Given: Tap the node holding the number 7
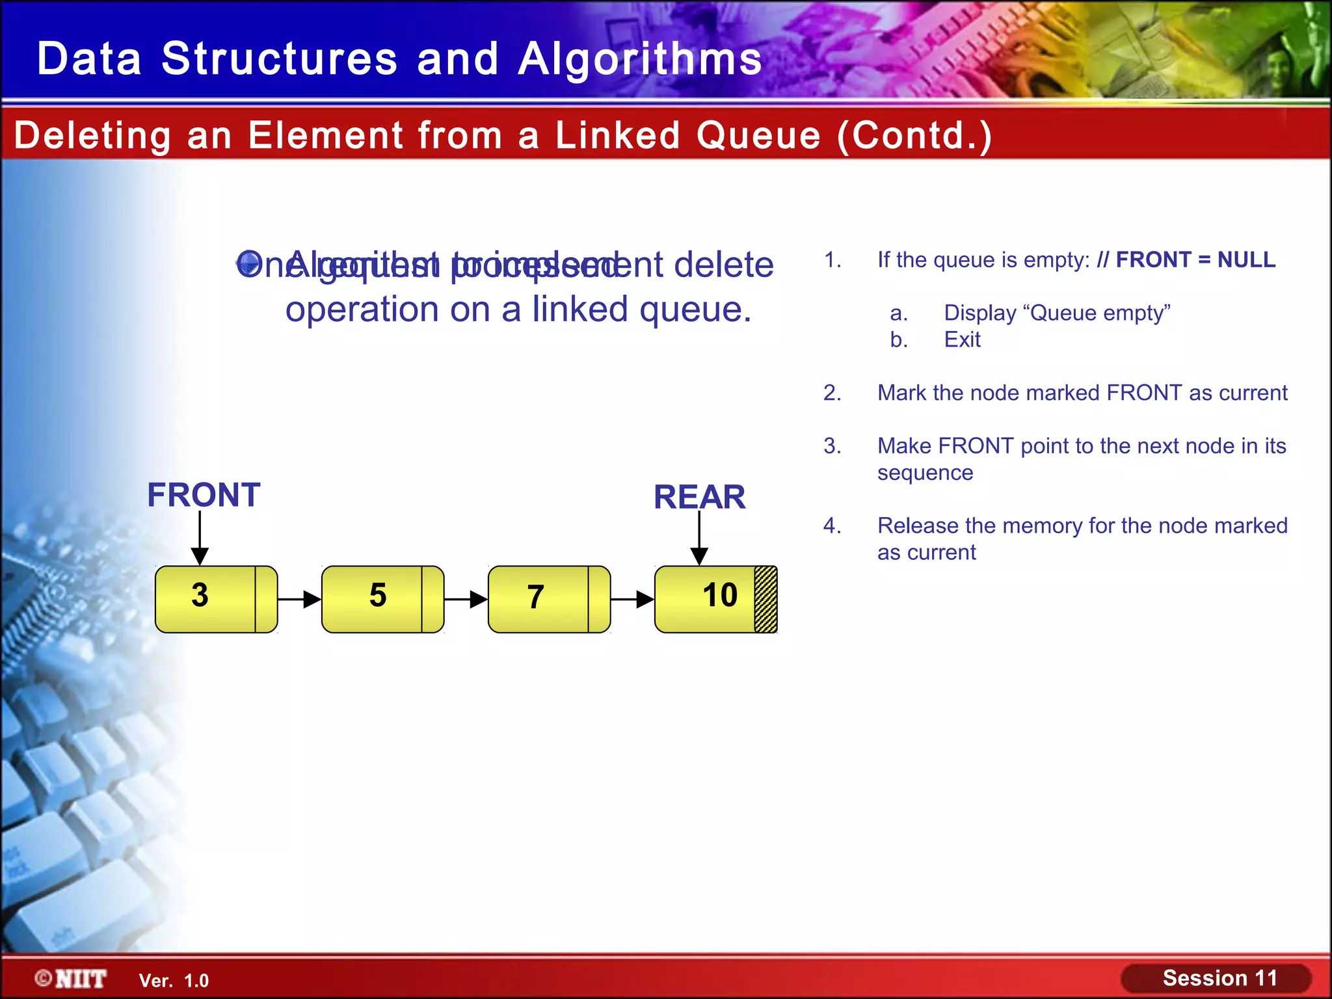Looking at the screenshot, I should pyautogui.click(x=540, y=598).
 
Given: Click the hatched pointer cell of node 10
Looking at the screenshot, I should pyautogui.click(x=766, y=599).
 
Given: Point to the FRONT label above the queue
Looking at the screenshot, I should pyautogui.click(x=204, y=495).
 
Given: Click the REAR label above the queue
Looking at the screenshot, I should pyautogui.click(x=699, y=498).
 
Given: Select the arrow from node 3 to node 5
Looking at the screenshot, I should pyautogui.click(x=299, y=599).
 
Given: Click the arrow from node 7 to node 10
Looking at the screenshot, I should pyautogui.click(x=632, y=599).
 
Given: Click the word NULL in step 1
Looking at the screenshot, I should pyautogui.click(x=1246, y=260).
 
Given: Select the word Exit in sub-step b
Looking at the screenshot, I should pyautogui.click(x=962, y=340).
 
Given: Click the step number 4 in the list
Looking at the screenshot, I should pyautogui.click(x=831, y=526).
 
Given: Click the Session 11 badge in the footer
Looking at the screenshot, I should pyautogui.click(x=1219, y=978).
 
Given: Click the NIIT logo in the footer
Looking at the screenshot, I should pyautogui.click(x=72, y=979).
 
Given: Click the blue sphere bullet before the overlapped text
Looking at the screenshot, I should pyautogui.click(x=248, y=263).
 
